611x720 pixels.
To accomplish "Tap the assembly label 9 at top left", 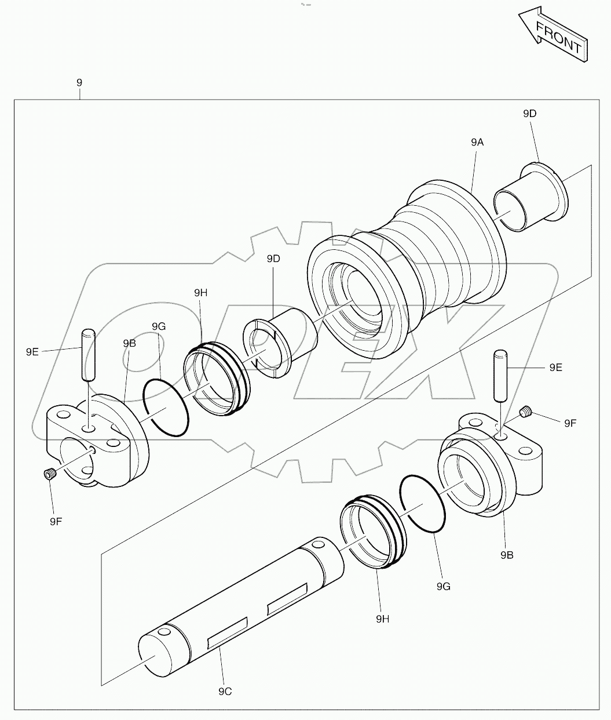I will [x=79, y=83].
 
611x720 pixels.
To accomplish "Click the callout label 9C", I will [x=225, y=692].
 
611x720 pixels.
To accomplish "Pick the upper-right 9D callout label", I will [x=529, y=114].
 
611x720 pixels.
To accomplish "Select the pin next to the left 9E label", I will [x=88, y=355].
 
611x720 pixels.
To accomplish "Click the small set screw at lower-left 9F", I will [x=50, y=475].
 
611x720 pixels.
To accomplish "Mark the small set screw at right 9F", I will [x=526, y=412].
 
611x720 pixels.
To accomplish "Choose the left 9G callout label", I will [x=159, y=327].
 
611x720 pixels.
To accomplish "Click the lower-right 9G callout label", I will [x=444, y=587].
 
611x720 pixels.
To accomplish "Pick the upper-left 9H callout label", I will [x=200, y=293].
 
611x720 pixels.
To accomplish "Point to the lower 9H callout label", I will [x=382, y=619].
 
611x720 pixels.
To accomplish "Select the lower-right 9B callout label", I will [x=507, y=555].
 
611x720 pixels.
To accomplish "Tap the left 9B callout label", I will [x=129, y=343].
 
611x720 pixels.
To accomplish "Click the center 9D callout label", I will [x=273, y=259].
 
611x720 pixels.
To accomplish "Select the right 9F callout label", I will [x=570, y=423].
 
